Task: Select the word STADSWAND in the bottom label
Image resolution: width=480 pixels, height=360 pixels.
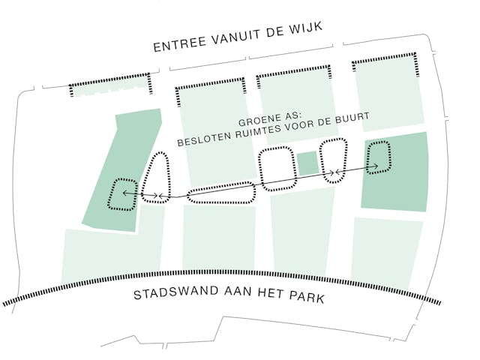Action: pos(171,294)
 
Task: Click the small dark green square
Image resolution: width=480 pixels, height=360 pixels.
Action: pos(307,163)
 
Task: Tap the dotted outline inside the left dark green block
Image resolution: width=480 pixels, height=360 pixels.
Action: pos(123,194)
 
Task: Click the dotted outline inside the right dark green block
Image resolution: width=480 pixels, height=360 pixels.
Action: pos(379,157)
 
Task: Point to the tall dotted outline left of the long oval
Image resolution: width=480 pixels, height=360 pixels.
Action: pos(157,177)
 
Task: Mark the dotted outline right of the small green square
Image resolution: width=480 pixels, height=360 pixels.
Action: pos(333,160)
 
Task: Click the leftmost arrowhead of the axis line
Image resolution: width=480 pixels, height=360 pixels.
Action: pos(125,194)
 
